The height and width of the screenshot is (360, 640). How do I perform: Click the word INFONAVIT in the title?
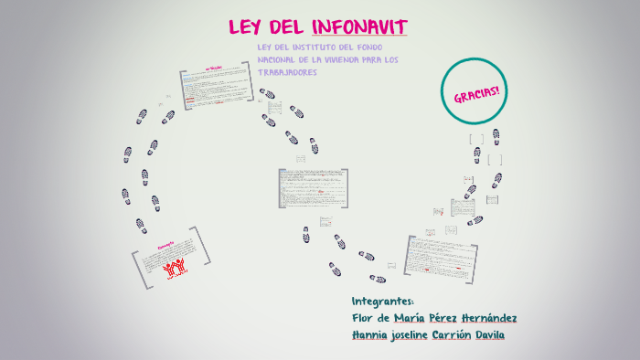click(x=359, y=26)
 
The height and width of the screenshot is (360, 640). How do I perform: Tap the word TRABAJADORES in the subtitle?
click(x=287, y=72)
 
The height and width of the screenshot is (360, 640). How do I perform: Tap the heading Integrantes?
click(x=383, y=302)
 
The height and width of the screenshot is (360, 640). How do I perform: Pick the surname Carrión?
click(x=457, y=334)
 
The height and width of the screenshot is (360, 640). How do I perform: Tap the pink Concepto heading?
click(x=165, y=245)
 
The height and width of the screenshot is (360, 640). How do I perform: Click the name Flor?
click(x=362, y=318)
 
